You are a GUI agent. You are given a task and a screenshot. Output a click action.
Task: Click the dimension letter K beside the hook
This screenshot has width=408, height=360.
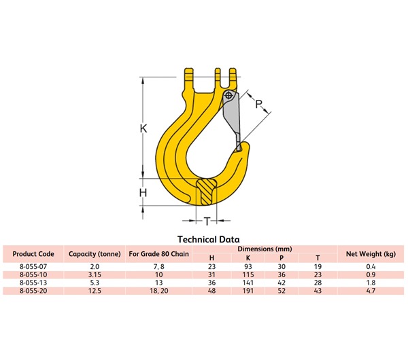click(143, 128)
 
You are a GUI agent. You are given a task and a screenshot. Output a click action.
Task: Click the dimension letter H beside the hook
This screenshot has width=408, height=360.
click(143, 194)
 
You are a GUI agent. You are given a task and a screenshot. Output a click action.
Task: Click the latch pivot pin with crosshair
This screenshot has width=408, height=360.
click(227, 96)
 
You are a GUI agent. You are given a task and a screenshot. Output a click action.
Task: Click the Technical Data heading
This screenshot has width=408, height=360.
click(208, 239)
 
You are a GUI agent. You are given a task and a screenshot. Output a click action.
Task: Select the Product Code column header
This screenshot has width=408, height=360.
click(33, 253)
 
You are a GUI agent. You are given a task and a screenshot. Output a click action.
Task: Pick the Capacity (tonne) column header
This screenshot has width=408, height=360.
click(95, 253)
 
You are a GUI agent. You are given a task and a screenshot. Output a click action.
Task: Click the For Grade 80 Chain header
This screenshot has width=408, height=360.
click(158, 253)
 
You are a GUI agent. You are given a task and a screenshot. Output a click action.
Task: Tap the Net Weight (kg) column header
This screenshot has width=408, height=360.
click(371, 253)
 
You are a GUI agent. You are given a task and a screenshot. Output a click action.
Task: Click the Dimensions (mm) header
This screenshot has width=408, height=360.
click(265, 249)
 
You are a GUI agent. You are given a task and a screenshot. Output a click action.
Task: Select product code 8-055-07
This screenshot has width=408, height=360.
click(33, 267)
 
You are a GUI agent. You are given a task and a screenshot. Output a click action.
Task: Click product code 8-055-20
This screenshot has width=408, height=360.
click(33, 291)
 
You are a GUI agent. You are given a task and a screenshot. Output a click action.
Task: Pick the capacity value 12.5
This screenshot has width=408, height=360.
click(95, 291)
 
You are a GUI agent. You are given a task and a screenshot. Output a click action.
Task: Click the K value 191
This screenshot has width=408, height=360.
click(247, 291)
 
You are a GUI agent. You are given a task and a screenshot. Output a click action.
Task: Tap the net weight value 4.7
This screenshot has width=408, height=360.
click(371, 291)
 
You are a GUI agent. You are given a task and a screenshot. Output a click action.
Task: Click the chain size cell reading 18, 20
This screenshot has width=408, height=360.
click(158, 291)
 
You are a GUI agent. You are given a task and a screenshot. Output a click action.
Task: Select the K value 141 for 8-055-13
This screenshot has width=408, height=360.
click(247, 283)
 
